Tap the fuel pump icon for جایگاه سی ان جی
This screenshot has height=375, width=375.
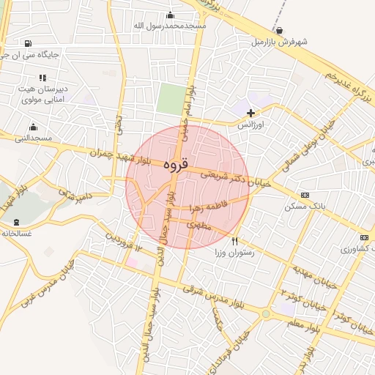pos(28,43)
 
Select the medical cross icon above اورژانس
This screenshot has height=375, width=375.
pos(251,113)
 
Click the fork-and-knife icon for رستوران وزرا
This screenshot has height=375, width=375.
pos(234,240)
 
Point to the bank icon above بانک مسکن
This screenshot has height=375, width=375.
pos(305,195)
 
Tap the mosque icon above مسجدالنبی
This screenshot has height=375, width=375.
pos(33,127)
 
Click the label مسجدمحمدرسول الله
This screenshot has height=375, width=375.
pos(170,26)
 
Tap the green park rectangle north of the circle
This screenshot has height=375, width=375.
pos(171,98)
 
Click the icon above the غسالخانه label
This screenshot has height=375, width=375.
pos(16,222)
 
